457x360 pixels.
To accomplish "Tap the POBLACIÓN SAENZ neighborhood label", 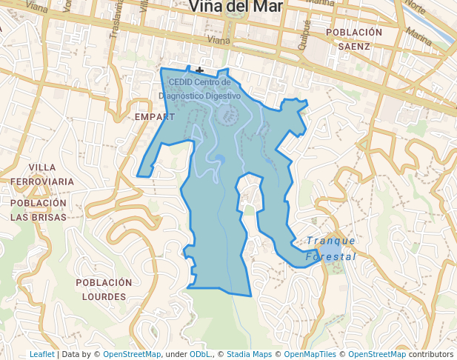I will click(353, 39).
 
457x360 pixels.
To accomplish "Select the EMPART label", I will click(155, 117).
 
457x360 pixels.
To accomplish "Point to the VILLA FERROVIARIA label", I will click(41, 174).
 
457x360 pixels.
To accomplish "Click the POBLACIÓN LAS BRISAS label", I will click(39, 210).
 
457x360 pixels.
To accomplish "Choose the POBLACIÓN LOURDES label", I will click(104, 289).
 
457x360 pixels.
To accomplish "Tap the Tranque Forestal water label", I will click(331, 248).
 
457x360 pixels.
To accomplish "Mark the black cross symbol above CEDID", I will click(200, 70).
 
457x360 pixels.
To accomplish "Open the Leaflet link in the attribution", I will click(41, 354).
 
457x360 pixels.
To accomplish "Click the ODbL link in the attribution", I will click(199, 354).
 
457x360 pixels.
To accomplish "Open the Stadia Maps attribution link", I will click(249, 354).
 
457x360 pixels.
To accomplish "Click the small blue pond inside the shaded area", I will click(219, 159).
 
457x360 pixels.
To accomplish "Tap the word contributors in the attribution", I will click(430, 354).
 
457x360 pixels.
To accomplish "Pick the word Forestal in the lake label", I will click(330, 256).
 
